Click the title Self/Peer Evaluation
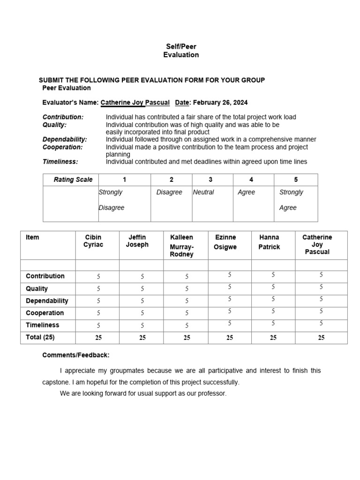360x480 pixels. (181, 51)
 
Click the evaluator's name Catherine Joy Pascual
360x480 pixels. (135, 103)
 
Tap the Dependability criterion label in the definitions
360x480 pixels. (65, 140)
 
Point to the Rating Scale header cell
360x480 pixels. (73, 180)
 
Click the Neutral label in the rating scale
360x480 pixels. (203, 192)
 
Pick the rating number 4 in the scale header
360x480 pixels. (251, 180)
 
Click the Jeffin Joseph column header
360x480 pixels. (137, 241)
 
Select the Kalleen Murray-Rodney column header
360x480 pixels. (181, 246)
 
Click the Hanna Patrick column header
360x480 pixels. (269, 242)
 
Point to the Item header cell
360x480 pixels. (33, 237)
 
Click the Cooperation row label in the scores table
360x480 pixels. (45, 313)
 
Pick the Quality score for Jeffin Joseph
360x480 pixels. (142, 289)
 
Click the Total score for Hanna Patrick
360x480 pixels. (273, 337)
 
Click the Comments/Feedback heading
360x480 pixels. (76, 355)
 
